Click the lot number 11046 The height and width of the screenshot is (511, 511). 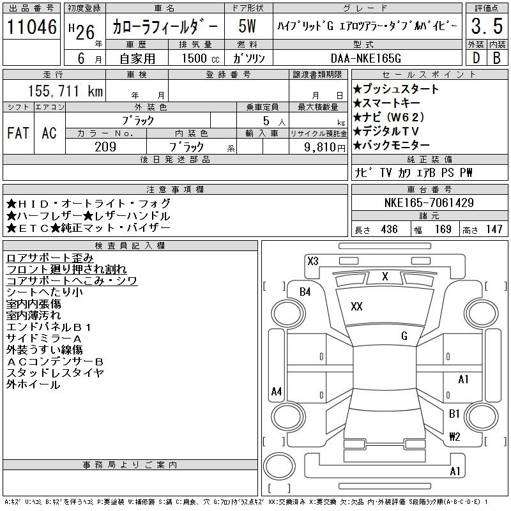tap(32, 27)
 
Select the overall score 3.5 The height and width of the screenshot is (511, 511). tap(487, 26)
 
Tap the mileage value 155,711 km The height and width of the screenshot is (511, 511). tap(66, 91)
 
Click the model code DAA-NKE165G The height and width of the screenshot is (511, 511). tap(366, 58)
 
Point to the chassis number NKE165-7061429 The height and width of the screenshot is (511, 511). tap(429, 202)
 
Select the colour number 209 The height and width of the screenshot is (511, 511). tap(105, 147)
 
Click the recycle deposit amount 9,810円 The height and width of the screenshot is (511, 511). tap(324, 148)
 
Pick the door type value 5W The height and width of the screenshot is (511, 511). tap(247, 26)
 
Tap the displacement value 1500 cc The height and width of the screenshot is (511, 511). tap(201, 59)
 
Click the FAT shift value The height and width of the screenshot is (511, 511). tap(19, 133)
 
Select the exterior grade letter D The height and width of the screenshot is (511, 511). tap(476, 58)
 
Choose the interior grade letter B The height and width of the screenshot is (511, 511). tap(497, 58)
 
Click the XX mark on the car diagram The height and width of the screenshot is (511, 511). tap(357, 307)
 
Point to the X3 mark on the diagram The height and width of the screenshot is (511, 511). tap(313, 261)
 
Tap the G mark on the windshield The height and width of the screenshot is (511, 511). tap(404, 336)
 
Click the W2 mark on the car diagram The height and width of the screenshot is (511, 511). tap(455, 436)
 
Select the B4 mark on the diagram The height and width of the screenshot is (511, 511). tap(305, 292)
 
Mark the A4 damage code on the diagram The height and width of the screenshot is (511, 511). tap(277, 391)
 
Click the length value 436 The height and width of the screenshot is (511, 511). tap(390, 229)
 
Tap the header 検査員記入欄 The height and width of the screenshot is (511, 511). tap(130, 246)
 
